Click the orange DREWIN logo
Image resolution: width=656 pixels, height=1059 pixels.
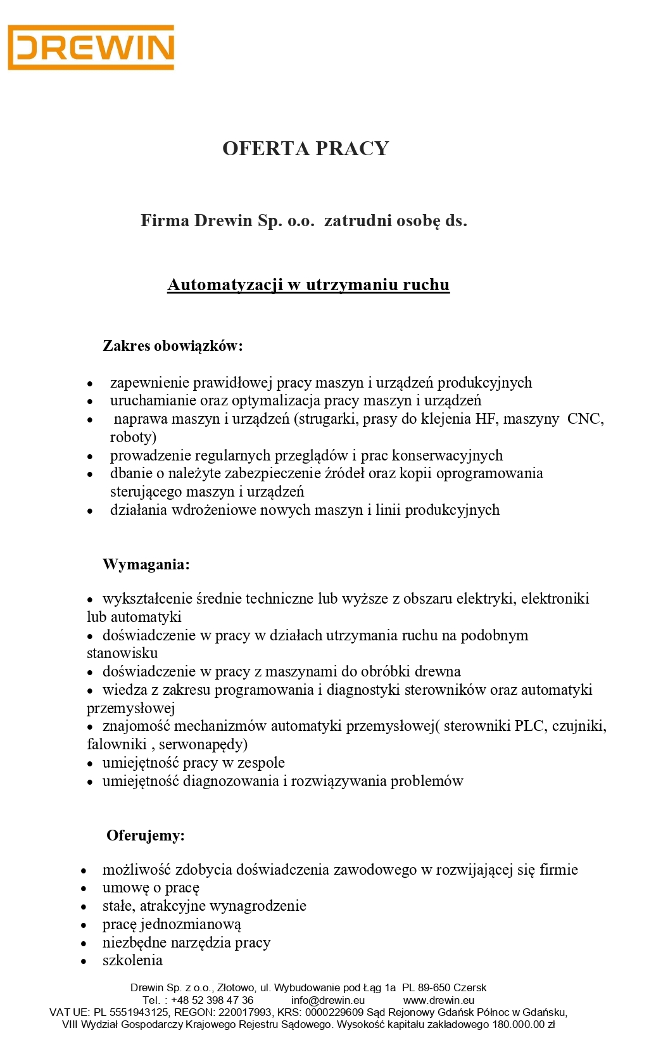pos(91,48)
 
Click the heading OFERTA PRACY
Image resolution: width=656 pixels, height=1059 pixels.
pos(305,149)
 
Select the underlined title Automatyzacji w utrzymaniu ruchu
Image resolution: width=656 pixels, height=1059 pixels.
pos(308,285)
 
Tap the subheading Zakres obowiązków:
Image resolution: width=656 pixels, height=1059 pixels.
pos(173,346)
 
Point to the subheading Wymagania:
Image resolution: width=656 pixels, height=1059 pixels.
pos(146,564)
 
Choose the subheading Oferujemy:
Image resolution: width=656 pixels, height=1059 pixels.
pos(146,835)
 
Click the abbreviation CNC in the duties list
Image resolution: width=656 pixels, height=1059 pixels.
pos(584,419)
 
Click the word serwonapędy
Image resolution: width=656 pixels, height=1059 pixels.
pos(203,744)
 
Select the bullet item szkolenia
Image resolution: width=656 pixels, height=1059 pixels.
pos(132,960)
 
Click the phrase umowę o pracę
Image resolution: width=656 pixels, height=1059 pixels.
pos(151,888)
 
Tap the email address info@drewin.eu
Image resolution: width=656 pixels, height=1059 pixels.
pos(328,1000)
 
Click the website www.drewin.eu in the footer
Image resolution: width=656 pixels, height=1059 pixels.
pos(439,1000)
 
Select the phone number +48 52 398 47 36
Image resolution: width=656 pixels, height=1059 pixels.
pos(212,1000)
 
